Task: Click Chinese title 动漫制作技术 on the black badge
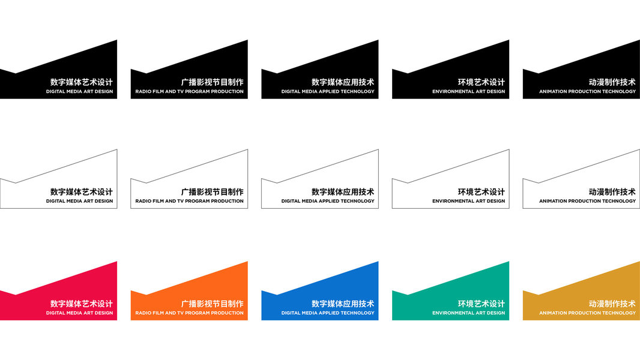coord(612,82)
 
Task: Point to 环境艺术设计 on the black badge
coord(481,82)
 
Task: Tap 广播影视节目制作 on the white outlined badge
coord(212,192)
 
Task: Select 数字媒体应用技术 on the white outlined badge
coord(343,192)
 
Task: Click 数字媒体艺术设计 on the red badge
coord(81,304)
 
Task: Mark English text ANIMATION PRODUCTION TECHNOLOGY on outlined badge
coord(587,201)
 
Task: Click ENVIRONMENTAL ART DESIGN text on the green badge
coord(468,313)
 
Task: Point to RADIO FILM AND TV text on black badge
coord(189,92)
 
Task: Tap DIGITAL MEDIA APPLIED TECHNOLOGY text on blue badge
coord(328,313)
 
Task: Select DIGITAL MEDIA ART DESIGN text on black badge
coord(79,92)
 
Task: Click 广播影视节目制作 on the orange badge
coord(212,304)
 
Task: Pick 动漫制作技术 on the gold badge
coord(612,304)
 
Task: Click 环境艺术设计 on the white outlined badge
coord(481,192)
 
